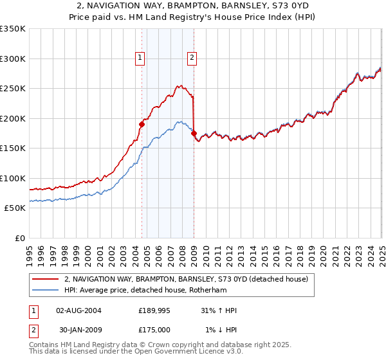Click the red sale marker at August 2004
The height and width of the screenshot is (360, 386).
(x=142, y=124)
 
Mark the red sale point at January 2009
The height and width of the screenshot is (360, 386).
(x=194, y=133)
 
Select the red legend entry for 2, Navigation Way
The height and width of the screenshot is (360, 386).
(x=187, y=279)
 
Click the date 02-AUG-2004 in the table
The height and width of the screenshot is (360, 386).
(x=79, y=310)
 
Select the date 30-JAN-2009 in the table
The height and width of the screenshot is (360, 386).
(x=79, y=330)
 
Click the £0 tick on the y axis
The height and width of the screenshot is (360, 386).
(x=21, y=238)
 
